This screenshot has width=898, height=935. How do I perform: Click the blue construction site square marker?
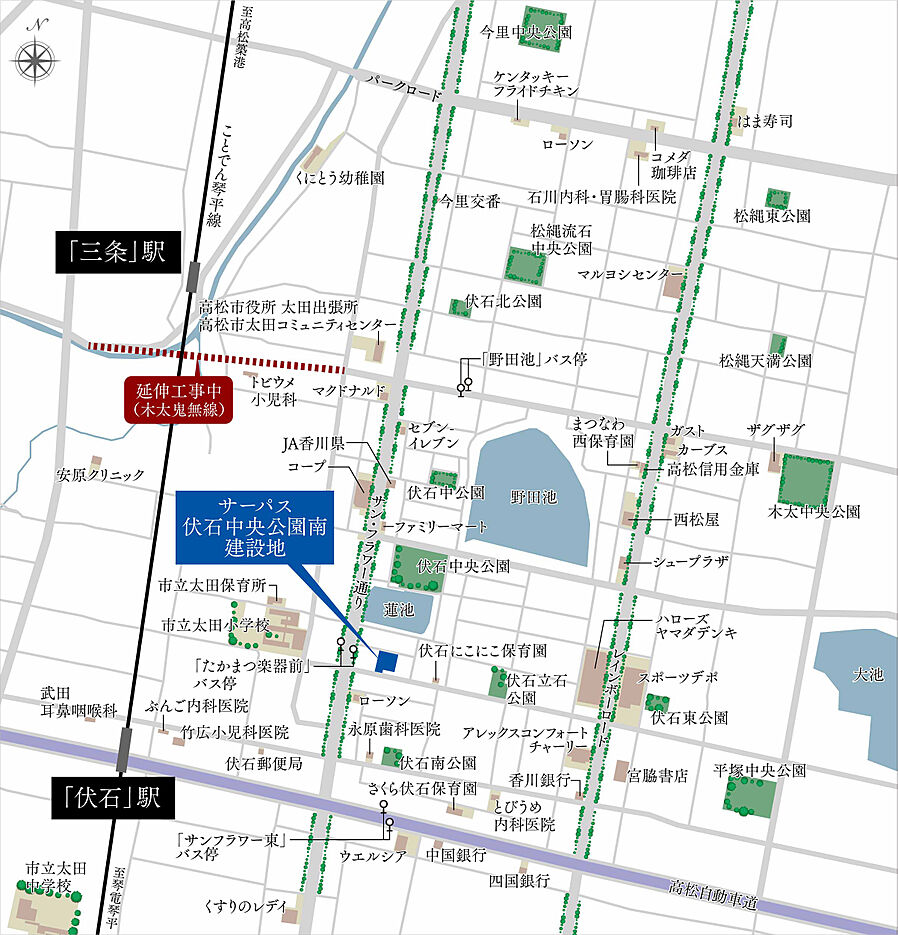click(386, 659)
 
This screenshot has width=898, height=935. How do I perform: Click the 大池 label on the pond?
click(868, 675)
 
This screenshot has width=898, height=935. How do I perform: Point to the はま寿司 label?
click(765, 121)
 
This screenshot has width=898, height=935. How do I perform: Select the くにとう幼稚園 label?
click(339, 178)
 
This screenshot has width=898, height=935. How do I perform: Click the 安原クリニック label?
click(100, 475)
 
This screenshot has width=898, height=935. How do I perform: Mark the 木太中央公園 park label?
click(813, 511)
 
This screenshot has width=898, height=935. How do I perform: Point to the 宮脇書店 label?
click(658, 775)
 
